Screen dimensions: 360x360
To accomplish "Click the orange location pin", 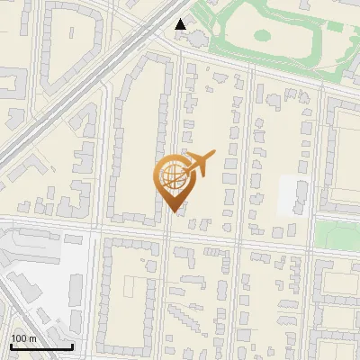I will pyautogui.click(x=172, y=181).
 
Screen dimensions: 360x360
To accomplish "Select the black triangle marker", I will pyautogui.click(x=181, y=24).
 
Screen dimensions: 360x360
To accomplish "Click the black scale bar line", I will pyautogui.click(x=41, y=346).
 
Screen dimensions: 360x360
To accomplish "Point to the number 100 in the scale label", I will pyautogui.click(x=19, y=338).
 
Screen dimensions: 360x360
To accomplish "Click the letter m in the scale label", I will pyautogui.click(x=33, y=338).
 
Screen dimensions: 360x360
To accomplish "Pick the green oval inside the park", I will pyautogui.click(x=262, y=36).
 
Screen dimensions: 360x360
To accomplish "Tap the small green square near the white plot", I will pyautogui.click(x=334, y=234).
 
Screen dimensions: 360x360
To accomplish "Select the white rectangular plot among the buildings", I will pyautogui.click(x=294, y=194).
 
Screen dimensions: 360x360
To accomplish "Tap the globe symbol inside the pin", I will pyautogui.click(x=171, y=175).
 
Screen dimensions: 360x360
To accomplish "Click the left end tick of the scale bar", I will pyautogui.click(x=11, y=345).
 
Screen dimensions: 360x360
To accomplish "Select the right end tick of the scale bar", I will pyautogui.click(x=72, y=345).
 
